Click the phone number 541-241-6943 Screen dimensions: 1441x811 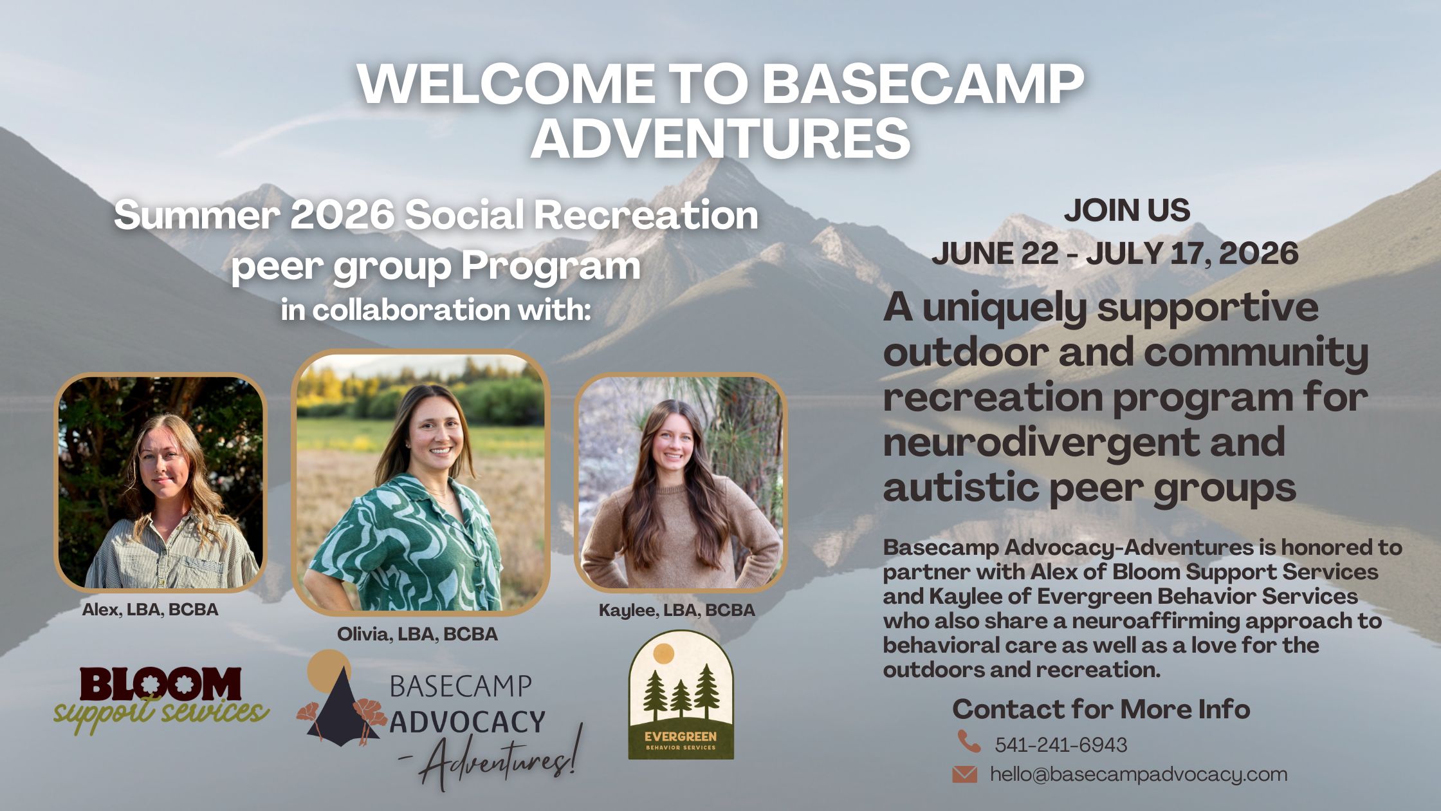pos(1061,745)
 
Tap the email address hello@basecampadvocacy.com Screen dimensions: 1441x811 pos(1139,774)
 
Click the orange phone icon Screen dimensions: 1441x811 pos(969,741)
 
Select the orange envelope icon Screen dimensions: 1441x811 pos(964,774)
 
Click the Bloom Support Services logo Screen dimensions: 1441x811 pos(161,701)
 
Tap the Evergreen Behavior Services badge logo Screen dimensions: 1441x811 pos(681,694)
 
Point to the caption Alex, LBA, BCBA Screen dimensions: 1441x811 pos(150,610)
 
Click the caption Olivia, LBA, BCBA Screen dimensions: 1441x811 pos(418,634)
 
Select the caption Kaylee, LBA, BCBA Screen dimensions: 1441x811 pos(677,610)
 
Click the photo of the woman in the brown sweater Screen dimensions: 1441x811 pos(681,482)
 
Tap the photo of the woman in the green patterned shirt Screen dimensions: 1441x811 pos(420,482)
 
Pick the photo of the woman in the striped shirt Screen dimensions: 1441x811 pos(160,482)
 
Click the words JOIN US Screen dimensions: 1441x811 pos(1127,210)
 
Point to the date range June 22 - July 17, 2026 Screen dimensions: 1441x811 pos(1115,253)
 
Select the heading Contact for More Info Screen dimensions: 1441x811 pos(1101,709)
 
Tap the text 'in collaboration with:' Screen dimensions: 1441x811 pos(436,310)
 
